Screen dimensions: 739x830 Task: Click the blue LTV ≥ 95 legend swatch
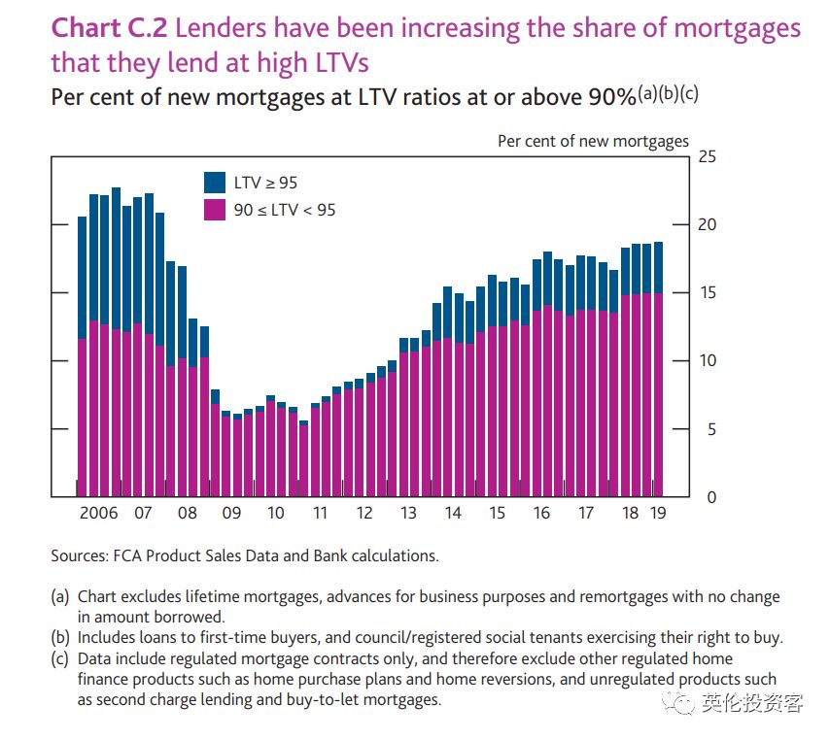pos(215,182)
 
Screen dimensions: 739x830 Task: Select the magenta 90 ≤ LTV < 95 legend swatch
pos(215,209)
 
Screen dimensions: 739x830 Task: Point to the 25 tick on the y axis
pos(707,157)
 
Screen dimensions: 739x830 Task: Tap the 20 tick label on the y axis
pos(707,225)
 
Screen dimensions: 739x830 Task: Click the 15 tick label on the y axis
pos(707,293)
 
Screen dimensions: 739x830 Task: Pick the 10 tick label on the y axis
pos(707,361)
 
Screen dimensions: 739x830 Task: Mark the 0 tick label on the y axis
pos(710,498)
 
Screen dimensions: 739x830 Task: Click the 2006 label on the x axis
pos(98,514)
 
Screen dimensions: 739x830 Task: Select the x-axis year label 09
pos(230,514)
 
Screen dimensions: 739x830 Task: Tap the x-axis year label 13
pos(408,514)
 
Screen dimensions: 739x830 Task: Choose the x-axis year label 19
pos(657,514)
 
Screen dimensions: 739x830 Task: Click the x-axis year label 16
pos(541,514)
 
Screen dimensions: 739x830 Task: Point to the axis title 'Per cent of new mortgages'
pos(593,142)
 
